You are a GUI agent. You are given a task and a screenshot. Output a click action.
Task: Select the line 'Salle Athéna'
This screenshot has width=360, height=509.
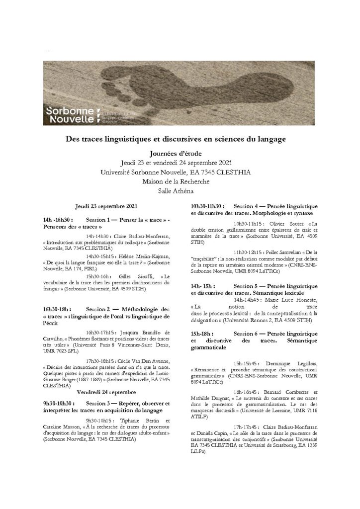pos(180,190)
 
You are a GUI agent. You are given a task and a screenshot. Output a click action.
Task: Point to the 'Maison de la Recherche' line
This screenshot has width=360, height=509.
pos(180,181)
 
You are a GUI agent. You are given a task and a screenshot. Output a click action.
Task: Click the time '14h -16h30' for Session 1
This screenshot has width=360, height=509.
pos(58,219)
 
